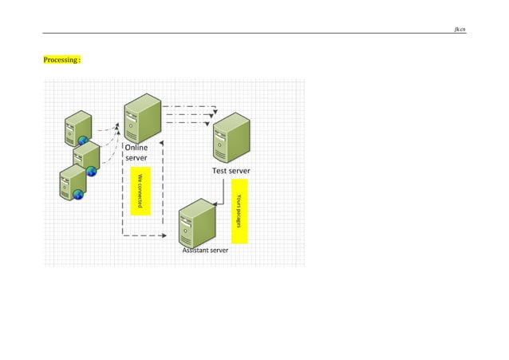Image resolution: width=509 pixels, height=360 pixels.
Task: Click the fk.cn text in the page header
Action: [x=460, y=29]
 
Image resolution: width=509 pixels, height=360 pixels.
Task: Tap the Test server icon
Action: [x=232, y=136]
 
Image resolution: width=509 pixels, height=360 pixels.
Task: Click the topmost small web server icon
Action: [x=78, y=129]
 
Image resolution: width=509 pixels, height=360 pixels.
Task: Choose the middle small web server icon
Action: [x=85, y=157]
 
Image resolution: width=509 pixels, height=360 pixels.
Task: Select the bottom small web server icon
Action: [x=73, y=183]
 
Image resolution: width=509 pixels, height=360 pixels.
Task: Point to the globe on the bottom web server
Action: [x=78, y=194]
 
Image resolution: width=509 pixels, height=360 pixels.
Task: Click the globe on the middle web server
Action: [x=91, y=171]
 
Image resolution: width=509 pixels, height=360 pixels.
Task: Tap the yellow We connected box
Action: [x=139, y=190]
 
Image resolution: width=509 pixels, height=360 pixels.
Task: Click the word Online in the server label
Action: [x=136, y=147]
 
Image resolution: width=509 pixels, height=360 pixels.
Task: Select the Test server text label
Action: [x=231, y=171]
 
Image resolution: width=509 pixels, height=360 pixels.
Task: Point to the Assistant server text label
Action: [x=205, y=250]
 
